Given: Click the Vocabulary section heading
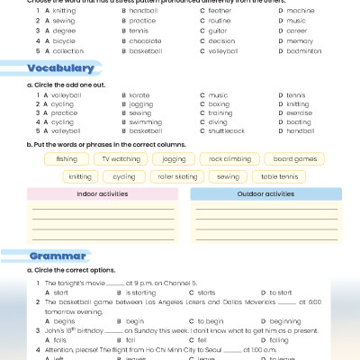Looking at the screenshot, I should [x=60, y=68].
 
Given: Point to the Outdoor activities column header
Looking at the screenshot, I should [x=267, y=193].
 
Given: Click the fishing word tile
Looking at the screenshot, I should [x=67, y=158].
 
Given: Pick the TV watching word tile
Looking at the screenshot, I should [x=121, y=158].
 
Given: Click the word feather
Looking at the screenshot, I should [x=220, y=10].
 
